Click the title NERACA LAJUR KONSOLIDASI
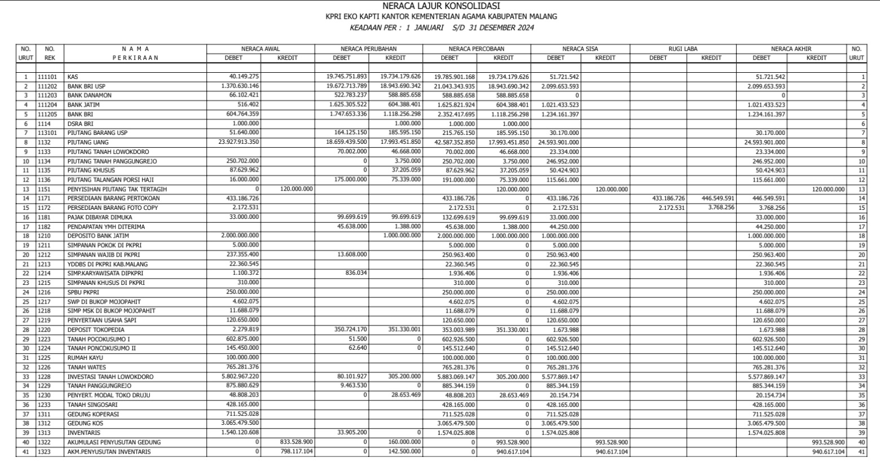441,6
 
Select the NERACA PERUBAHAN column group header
369,49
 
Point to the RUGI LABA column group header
683,49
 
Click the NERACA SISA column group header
580,49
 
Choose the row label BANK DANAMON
90,95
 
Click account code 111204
47,105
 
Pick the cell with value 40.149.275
244,77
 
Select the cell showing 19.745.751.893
347,77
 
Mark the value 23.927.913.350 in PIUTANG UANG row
238,142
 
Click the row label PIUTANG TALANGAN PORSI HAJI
110,180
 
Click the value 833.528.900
297,442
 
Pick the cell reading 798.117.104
297,452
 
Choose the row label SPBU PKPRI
83,292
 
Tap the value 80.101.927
352,376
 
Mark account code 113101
47,133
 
